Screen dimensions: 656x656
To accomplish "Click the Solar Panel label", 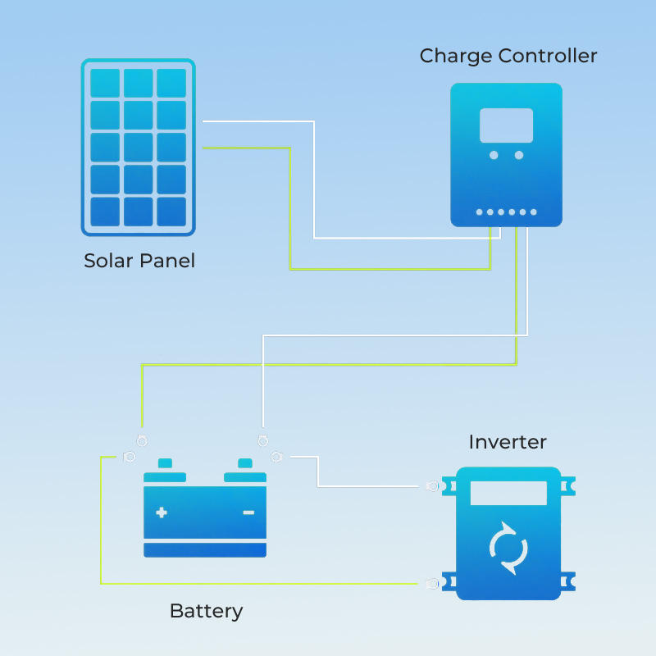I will [x=139, y=262].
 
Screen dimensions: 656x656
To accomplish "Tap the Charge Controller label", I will [x=508, y=56].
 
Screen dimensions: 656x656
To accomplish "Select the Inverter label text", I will [x=508, y=442].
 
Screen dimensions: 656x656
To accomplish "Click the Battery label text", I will [x=206, y=611].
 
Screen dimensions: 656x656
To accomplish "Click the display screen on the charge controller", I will [x=506, y=125].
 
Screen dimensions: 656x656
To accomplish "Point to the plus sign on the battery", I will [x=162, y=512].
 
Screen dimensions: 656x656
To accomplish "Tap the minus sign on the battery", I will [x=248, y=512].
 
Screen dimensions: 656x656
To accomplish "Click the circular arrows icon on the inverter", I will [x=508, y=548].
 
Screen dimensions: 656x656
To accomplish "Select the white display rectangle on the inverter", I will [x=508, y=493].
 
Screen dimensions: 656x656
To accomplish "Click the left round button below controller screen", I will [x=494, y=155].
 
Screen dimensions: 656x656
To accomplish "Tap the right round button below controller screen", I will [x=519, y=155].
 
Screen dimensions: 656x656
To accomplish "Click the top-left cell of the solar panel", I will [x=105, y=83].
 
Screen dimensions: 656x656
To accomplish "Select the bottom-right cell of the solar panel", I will [x=171, y=212].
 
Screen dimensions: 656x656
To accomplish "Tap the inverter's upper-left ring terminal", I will [x=432, y=486].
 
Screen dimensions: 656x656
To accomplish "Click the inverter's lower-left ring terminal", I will [x=432, y=584].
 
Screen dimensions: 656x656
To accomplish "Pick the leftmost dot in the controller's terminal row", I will [x=480, y=212].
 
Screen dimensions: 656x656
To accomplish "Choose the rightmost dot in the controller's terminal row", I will [x=533, y=212].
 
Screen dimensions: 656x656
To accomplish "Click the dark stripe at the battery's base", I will [x=205, y=550].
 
